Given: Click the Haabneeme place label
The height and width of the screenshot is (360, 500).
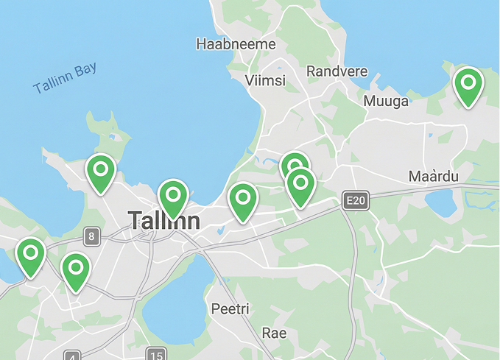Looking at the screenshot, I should coord(236,45).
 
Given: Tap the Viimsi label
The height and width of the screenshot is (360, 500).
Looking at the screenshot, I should coord(265,80).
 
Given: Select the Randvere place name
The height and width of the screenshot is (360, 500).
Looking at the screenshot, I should coord(337,71).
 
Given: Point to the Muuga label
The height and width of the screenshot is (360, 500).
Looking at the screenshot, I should coord(386,101).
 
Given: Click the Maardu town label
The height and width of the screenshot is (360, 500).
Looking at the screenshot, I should coord(433,177).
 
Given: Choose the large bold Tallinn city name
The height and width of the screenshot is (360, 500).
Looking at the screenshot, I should coord(163,220).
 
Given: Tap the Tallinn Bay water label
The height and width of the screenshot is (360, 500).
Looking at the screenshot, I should coord(65,78).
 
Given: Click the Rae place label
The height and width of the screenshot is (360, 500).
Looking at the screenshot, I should coord(274,333).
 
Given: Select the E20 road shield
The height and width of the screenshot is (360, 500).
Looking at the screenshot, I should coord(355,200).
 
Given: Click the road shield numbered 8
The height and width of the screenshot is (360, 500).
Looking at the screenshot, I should coord(91,236).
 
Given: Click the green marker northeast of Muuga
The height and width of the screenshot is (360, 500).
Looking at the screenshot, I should coord(468,85).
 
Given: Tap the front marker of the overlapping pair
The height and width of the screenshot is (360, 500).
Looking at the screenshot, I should coord(300,186).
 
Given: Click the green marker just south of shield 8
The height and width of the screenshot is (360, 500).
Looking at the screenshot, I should coord(76,270).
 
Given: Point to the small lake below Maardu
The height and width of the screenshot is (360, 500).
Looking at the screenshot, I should coord(442,202).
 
